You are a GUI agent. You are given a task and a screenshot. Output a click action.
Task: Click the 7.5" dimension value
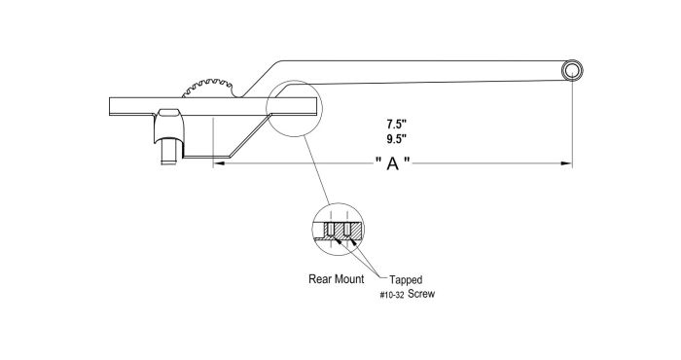[x=394, y=125]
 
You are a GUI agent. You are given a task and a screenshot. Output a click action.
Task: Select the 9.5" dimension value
[x=394, y=139]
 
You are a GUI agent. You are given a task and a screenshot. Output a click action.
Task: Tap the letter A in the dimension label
[x=393, y=165]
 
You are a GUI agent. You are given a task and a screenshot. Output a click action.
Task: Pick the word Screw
[x=422, y=292]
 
